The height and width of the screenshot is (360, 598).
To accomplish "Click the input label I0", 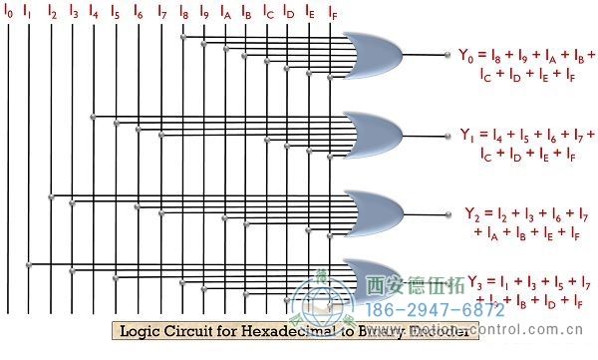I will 9,14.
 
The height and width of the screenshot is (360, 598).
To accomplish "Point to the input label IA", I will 226,14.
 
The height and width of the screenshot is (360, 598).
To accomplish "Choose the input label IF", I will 333,14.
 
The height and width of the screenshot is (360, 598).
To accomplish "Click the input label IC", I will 268,14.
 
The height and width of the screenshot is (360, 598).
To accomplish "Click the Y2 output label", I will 472,212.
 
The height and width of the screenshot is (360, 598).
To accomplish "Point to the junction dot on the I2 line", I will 52,195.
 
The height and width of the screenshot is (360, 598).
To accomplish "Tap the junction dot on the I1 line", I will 30,264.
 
